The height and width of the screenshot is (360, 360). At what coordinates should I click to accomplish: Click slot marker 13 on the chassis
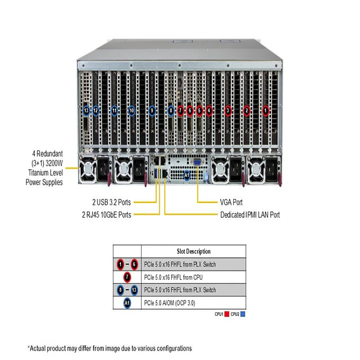tap(87, 110)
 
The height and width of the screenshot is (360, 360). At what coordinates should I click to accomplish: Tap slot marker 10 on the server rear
tap(132, 110)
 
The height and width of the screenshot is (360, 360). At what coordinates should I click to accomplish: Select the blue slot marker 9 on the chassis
tap(152, 110)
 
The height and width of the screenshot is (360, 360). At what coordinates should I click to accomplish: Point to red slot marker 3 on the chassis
tap(228, 110)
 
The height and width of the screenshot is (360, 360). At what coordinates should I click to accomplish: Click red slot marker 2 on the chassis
tap(247, 110)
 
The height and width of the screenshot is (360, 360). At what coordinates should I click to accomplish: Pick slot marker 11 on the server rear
tap(114, 110)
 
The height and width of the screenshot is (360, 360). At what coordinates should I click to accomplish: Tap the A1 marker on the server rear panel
tap(187, 175)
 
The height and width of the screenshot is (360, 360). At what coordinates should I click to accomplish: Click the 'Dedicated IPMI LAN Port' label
tap(250, 214)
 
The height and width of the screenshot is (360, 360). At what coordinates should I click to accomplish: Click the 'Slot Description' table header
tap(194, 251)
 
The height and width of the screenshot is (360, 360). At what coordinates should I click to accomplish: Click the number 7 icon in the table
tap(127, 277)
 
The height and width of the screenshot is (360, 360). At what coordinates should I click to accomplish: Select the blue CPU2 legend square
tap(243, 314)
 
